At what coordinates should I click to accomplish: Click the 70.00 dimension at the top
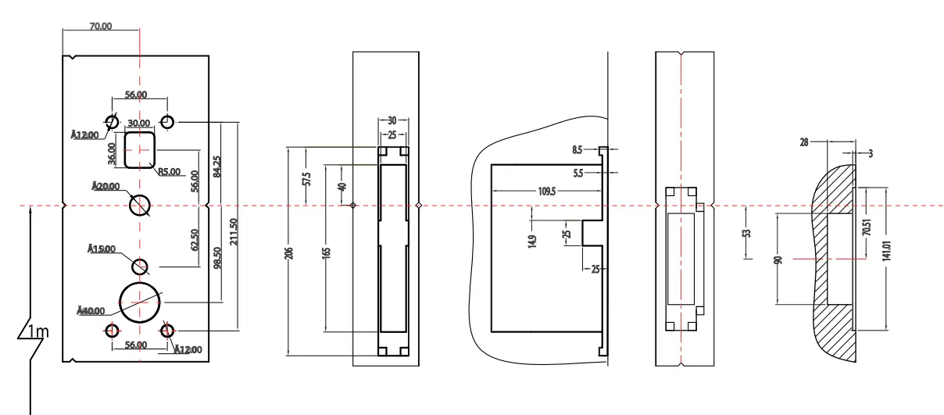click(101, 26)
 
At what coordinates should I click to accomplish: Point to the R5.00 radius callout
click(170, 172)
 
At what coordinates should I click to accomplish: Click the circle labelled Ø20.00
click(140, 205)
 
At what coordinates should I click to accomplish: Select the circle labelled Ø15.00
click(140, 267)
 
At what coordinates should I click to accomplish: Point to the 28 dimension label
click(804, 142)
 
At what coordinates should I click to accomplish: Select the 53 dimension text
click(747, 234)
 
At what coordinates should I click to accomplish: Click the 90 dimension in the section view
click(778, 260)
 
